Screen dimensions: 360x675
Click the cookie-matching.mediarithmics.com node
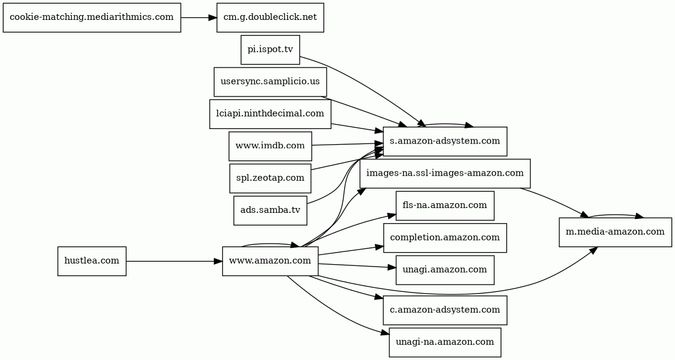[x=92, y=17]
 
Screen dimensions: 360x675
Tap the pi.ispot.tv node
[x=270, y=49]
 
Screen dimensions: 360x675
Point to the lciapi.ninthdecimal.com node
[x=270, y=113]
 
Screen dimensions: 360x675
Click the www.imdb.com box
[x=270, y=146]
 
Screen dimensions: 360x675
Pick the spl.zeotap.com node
[x=270, y=178]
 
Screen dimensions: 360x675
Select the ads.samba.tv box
[x=270, y=210]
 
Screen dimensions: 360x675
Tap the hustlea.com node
[x=92, y=261]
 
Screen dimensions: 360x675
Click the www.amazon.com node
[x=270, y=261]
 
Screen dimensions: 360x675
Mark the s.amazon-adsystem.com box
[x=445, y=142]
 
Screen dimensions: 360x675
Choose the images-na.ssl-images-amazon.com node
[x=445, y=174]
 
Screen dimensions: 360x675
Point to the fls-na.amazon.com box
[x=445, y=206]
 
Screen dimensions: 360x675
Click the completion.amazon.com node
[x=445, y=238]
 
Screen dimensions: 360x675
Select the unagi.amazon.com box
[x=445, y=270]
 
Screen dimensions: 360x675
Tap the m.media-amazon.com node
[x=615, y=232]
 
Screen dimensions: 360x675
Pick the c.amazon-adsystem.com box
[x=445, y=310]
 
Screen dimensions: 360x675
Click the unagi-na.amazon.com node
[x=445, y=342]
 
